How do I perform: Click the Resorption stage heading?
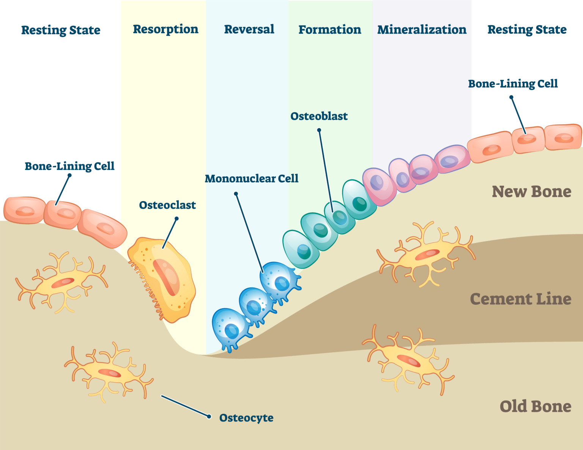(165, 29)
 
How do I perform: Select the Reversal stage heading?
(249, 29)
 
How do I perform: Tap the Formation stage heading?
(329, 30)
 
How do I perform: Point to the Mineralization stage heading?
(422, 30)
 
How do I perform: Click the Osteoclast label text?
(167, 205)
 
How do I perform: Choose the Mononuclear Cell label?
(251, 179)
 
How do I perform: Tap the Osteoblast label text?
(319, 116)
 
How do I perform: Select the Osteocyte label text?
(246, 418)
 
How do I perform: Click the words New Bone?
(531, 192)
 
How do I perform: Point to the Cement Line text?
(520, 299)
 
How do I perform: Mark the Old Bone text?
(535, 406)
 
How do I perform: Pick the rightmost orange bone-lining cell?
(563, 137)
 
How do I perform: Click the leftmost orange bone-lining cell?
(24, 210)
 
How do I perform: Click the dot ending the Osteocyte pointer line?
(209, 417)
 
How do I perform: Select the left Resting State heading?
(61, 30)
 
